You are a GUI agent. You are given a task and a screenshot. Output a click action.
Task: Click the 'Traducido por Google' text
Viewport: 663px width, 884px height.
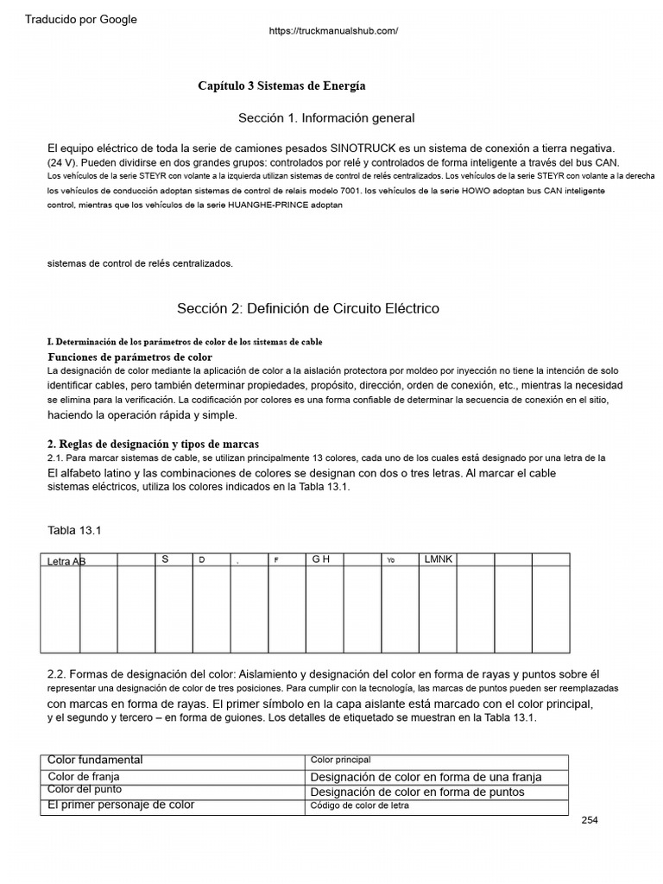[x=81, y=20]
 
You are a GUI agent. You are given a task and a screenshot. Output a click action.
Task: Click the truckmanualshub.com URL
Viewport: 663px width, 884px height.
[x=333, y=31]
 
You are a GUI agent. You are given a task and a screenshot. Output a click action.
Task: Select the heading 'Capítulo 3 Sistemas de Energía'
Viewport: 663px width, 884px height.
[x=281, y=86]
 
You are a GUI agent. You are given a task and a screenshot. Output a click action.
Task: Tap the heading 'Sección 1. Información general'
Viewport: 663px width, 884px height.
[x=326, y=117]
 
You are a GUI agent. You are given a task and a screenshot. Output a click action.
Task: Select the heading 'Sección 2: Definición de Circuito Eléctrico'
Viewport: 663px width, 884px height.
[x=308, y=308]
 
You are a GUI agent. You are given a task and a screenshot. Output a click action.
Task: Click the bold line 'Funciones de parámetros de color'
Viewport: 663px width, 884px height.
[x=129, y=357]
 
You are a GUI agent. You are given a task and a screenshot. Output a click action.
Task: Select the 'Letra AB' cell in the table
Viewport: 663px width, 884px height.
[x=66, y=561]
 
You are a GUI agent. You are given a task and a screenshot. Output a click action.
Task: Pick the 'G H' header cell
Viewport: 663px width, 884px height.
[x=321, y=559]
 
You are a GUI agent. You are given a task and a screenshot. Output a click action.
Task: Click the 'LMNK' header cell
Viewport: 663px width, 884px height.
[x=439, y=559]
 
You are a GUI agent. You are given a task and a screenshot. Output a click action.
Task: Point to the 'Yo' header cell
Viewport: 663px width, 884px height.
[x=390, y=560]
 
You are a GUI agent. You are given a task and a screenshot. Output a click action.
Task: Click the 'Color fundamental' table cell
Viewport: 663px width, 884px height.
[x=95, y=760]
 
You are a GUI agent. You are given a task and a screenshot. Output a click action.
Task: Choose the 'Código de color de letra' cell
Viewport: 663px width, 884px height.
[x=360, y=805]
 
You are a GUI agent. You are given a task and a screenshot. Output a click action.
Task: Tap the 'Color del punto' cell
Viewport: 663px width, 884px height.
[x=85, y=790]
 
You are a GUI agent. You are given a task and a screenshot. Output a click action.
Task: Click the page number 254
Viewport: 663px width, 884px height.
[x=590, y=820]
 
